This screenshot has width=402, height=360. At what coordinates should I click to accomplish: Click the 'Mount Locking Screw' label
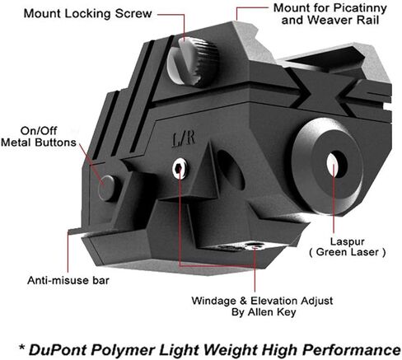click(87, 13)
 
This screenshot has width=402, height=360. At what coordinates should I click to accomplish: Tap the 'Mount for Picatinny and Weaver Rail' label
click(330, 14)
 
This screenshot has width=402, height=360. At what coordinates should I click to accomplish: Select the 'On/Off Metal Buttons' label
click(39, 137)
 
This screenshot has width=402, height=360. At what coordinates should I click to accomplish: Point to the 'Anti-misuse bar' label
click(68, 280)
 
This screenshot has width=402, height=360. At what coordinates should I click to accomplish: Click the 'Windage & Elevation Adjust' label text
click(262, 301)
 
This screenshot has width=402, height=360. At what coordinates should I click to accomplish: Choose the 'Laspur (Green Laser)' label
click(348, 247)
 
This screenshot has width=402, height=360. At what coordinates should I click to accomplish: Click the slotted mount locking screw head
click(193, 62)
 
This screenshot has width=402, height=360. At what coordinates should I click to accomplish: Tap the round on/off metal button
click(107, 188)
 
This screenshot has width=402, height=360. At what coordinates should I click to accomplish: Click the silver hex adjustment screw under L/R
click(180, 169)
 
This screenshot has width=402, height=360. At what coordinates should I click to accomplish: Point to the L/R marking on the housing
click(184, 139)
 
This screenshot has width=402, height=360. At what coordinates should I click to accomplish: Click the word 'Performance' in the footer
click(351, 350)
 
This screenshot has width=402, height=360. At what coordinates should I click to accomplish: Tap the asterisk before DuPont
click(21, 348)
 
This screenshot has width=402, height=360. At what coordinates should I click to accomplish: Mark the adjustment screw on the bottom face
click(254, 245)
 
